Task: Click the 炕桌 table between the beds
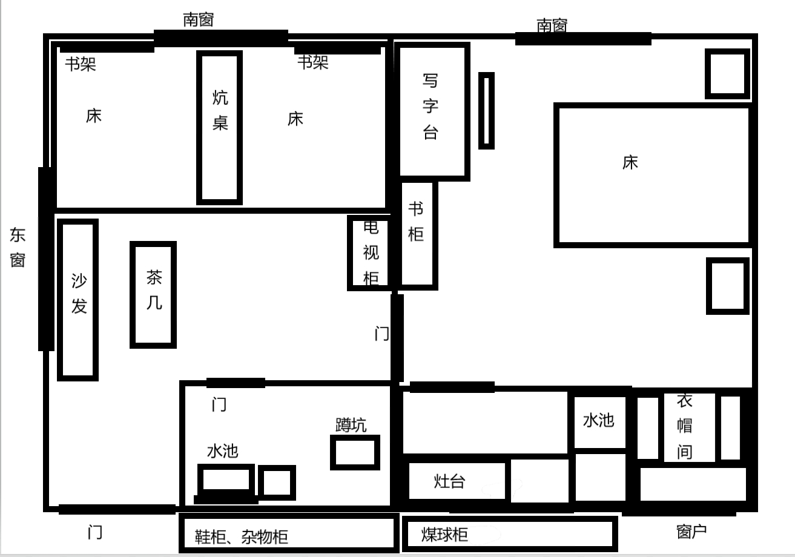219,128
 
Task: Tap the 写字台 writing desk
432,111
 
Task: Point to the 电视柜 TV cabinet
370,252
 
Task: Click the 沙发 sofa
78,300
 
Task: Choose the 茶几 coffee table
153,294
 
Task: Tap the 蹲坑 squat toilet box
355,452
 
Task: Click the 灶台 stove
457,481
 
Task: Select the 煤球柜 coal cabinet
510,534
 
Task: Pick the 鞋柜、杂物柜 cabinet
289,533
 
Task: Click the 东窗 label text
18,247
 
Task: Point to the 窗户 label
691,532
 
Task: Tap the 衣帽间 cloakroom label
685,426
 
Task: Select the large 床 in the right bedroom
653,175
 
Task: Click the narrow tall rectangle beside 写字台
486,111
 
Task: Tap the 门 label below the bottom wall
95,532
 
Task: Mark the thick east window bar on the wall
46,259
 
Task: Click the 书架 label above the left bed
81,64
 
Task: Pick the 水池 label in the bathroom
223,451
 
